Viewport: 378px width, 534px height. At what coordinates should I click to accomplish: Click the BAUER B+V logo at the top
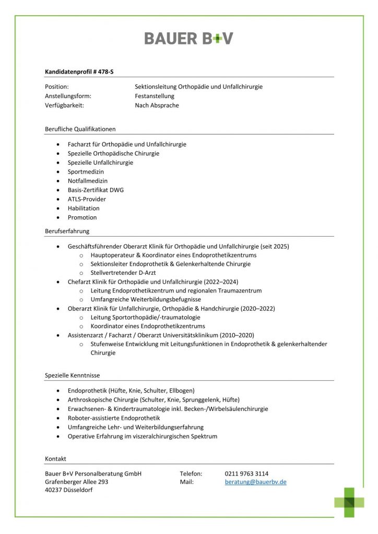tap(188, 38)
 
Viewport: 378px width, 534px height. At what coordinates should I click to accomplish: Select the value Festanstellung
tap(155, 96)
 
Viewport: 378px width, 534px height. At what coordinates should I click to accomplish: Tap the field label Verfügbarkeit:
tap(64, 105)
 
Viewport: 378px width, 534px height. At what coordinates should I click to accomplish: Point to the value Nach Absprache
tap(157, 105)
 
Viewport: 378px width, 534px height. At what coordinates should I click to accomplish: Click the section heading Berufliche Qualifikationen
tap(80, 129)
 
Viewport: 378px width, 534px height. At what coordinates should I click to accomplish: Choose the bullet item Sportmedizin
tap(86, 172)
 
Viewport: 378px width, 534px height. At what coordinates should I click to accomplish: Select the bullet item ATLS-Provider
tap(87, 199)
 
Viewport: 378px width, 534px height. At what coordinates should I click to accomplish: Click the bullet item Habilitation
tap(84, 208)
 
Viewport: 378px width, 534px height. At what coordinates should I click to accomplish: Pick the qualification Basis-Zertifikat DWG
tap(96, 190)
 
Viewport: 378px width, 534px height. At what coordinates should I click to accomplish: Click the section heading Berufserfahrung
tap(67, 230)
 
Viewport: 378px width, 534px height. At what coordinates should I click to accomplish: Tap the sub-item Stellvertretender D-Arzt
tap(123, 273)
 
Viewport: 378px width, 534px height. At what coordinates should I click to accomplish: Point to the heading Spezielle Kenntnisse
tap(73, 375)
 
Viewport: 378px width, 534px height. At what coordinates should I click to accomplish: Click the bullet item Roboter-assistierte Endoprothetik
tap(114, 418)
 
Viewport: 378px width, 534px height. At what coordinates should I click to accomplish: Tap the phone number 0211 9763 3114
tap(246, 474)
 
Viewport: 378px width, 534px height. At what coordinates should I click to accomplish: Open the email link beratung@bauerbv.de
tap(255, 482)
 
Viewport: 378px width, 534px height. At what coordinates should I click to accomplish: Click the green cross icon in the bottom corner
tap(349, 502)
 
